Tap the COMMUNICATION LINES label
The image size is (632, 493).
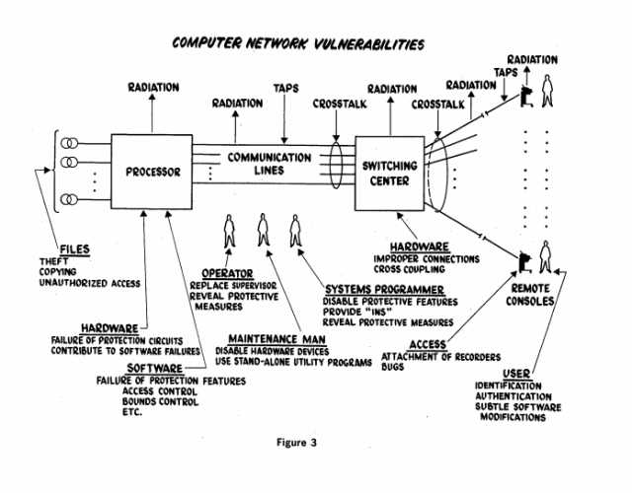pyautogui.click(x=270, y=164)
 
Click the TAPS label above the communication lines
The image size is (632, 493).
pyautogui.click(x=285, y=88)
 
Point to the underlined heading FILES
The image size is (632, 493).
pyautogui.click(x=75, y=249)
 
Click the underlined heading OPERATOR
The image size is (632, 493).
pyautogui.click(x=227, y=274)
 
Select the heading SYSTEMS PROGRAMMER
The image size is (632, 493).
pyautogui.click(x=384, y=290)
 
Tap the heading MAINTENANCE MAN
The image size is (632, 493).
pyautogui.click(x=276, y=339)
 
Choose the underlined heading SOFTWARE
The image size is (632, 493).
pyautogui.click(x=155, y=368)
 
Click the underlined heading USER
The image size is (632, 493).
pyautogui.click(x=516, y=374)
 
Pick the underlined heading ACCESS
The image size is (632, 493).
pyautogui.click(x=428, y=345)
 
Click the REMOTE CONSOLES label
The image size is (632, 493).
pyautogui.click(x=530, y=295)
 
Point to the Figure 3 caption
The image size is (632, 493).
pyautogui.click(x=296, y=443)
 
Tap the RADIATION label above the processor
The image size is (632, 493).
pyautogui.click(x=154, y=88)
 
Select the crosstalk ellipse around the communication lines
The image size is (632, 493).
pyautogui.click(x=330, y=165)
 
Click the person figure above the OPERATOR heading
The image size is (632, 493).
pyautogui.click(x=229, y=231)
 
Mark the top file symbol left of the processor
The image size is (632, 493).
pyautogui.click(x=69, y=143)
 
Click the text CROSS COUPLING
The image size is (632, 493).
pyautogui.click(x=409, y=269)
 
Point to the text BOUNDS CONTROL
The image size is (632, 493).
pyautogui.click(x=160, y=401)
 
